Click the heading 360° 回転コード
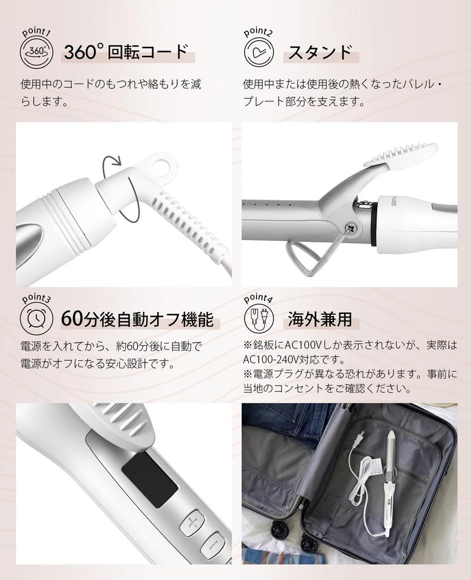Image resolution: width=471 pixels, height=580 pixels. pyautogui.click(x=125, y=52)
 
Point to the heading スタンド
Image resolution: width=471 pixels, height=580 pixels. pyautogui.click(x=320, y=52)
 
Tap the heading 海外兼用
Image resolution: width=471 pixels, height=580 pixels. pyautogui.click(x=320, y=319)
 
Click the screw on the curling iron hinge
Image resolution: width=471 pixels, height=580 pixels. pyautogui.click(x=350, y=227)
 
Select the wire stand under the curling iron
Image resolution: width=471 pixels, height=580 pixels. pyautogui.click(x=309, y=258)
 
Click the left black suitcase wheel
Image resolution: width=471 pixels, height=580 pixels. pyautogui.click(x=279, y=531)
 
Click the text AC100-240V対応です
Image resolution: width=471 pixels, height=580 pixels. pyautogui.click(x=294, y=360)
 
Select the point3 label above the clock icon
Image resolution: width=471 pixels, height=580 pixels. pyautogui.click(x=36, y=298)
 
